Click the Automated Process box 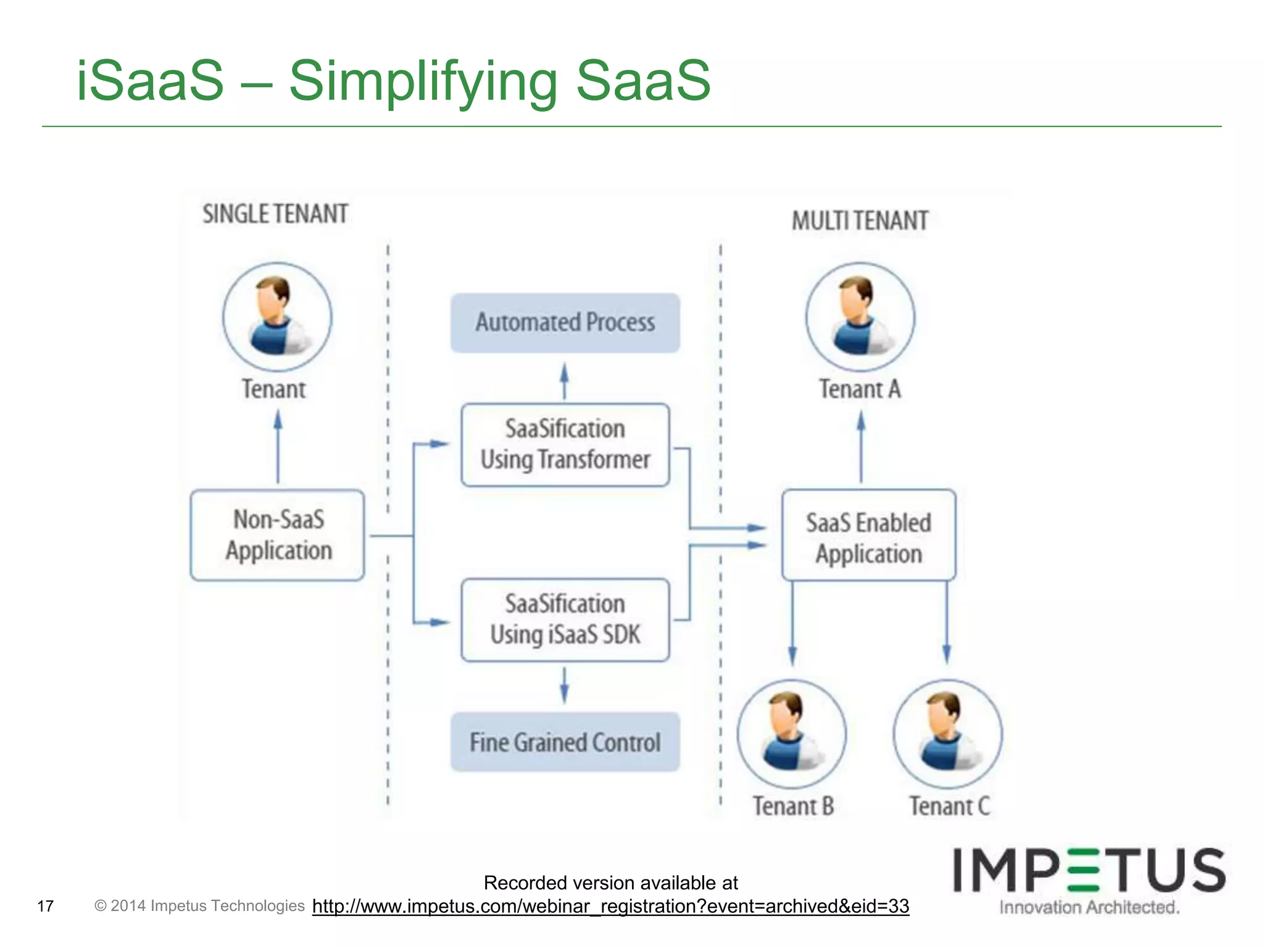565,323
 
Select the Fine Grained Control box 565,742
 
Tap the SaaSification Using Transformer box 565,445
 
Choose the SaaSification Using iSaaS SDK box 565,620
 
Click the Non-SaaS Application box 278,535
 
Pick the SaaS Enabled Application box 868,535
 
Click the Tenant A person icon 860,317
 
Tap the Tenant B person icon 791,734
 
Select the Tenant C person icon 947,734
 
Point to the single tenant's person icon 277,317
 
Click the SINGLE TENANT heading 275,214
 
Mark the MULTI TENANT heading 860,221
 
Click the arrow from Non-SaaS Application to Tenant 278,447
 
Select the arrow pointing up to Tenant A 861,447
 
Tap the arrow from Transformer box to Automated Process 564,381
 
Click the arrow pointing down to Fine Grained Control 564,685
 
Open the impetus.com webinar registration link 610,906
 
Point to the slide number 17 46,906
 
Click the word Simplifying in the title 423,81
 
